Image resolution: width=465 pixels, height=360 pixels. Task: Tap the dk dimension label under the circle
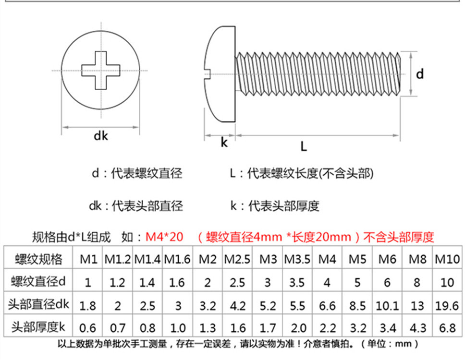point(101,136)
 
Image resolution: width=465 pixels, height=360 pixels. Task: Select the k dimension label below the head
point(224,143)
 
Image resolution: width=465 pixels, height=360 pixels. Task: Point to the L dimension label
point(303,147)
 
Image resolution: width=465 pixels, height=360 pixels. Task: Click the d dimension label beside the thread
point(420,74)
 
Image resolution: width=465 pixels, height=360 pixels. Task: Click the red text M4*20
point(164,237)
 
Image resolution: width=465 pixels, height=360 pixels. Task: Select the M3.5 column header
point(297,259)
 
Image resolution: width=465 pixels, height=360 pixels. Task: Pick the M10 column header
point(447,259)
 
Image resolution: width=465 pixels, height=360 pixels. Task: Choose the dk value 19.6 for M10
point(447,305)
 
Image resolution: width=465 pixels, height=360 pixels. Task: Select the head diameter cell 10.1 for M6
point(387,305)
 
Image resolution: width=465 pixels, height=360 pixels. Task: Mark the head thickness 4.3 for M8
point(417,328)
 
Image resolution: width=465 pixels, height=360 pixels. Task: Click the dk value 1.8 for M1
point(87,305)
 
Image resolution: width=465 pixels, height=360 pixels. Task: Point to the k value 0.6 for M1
point(87,328)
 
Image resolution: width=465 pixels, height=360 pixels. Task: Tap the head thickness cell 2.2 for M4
point(327,328)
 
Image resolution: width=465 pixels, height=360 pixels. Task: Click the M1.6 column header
point(177,259)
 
